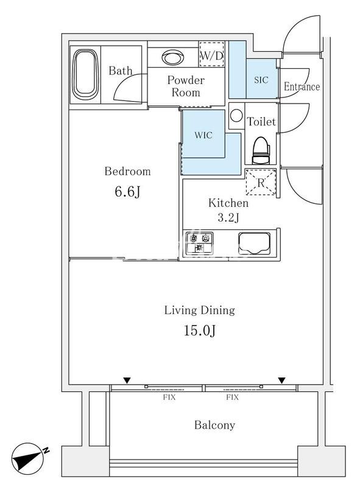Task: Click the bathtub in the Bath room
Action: click(83, 74)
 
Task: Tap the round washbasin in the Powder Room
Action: click(172, 57)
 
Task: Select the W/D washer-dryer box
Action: click(211, 54)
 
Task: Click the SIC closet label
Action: click(261, 80)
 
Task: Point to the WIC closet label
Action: click(203, 135)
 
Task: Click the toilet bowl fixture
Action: click(261, 150)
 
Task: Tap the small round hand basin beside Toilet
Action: click(236, 116)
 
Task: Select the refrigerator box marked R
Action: click(261, 182)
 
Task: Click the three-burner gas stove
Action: click(199, 243)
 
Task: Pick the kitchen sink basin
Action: click(254, 243)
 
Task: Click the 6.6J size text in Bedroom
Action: click(127, 192)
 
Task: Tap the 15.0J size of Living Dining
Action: click(200, 331)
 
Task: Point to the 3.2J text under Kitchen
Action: click(228, 217)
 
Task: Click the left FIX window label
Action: click(169, 398)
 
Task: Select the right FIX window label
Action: click(232, 398)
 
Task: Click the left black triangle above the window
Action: click(127, 380)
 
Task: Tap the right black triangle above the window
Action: click(281, 380)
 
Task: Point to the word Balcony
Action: click(214, 425)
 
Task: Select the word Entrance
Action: click(302, 86)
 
